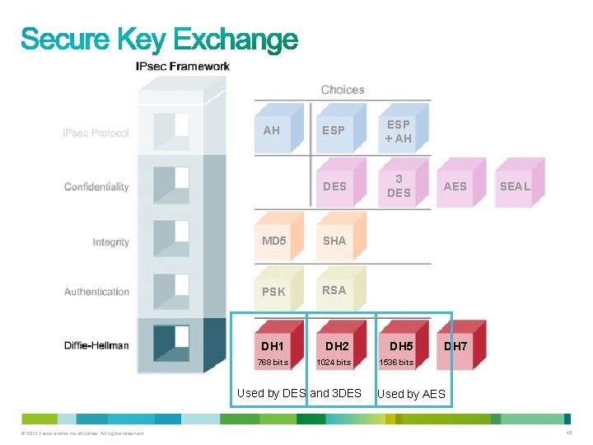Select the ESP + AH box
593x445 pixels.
[x=399, y=131]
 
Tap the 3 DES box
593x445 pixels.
[x=399, y=185]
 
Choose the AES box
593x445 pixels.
[x=455, y=186]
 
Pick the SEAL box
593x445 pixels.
[x=516, y=186]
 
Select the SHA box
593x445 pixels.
[x=334, y=241]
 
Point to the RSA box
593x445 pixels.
[x=334, y=290]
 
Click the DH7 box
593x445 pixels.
[x=455, y=346]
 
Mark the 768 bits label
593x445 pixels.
[x=273, y=363]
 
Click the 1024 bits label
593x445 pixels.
[x=334, y=363]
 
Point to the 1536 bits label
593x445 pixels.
[x=396, y=363]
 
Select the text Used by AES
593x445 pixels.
[x=411, y=394]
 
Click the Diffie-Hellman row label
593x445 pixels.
[x=96, y=345]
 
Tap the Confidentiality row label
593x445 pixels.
[x=96, y=187]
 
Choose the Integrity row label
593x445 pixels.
[x=110, y=242]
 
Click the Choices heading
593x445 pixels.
[x=343, y=90]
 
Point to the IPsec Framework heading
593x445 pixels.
[x=183, y=66]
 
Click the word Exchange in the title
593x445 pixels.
[x=236, y=39]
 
